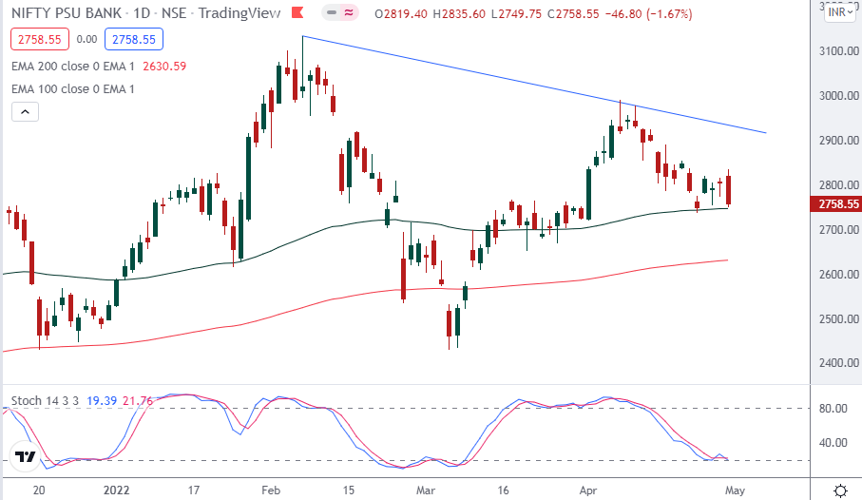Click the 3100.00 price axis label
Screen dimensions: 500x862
pos(834,51)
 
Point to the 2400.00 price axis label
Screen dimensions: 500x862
pos(834,363)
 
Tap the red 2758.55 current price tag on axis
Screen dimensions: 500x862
pos(834,204)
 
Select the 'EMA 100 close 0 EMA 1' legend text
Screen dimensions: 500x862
pos(72,88)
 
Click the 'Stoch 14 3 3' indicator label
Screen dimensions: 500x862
pos(44,402)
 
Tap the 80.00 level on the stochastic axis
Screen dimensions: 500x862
pos(833,409)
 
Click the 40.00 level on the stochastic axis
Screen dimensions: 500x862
pos(833,442)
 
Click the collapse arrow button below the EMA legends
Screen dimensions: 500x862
pos(25,112)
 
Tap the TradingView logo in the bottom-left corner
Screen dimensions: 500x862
pos(27,457)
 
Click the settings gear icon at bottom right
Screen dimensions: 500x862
pos(840,490)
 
